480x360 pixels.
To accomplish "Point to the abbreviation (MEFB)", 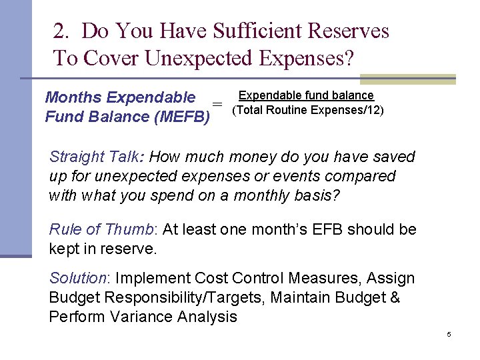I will tap(181, 117).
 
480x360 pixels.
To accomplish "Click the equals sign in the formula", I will tap(217, 105).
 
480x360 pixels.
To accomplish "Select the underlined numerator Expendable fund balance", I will tap(306, 96).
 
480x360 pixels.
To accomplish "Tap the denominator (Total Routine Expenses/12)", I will tap(307, 110).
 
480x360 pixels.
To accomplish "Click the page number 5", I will tap(449, 334).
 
